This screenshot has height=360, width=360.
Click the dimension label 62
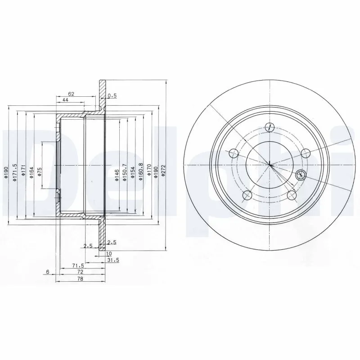pyautogui.click(x=71, y=94)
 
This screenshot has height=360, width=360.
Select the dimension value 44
pyautogui.click(x=65, y=100)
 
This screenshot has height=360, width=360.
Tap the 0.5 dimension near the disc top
pyautogui.click(x=112, y=95)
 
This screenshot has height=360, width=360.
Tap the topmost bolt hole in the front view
pyautogui.click(x=270, y=127)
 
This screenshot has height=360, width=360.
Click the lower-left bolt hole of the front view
pyautogui.click(x=247, y=195)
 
